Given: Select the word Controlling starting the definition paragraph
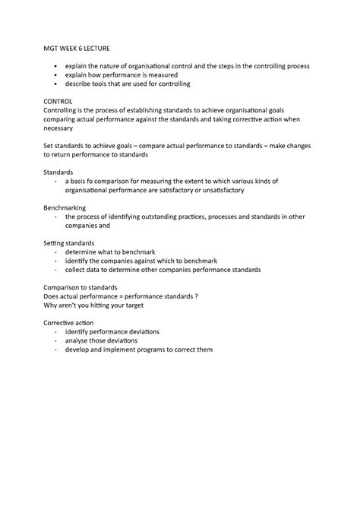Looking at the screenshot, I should (x=67, y=109).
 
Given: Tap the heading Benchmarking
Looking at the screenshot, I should (x=66, y=207).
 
